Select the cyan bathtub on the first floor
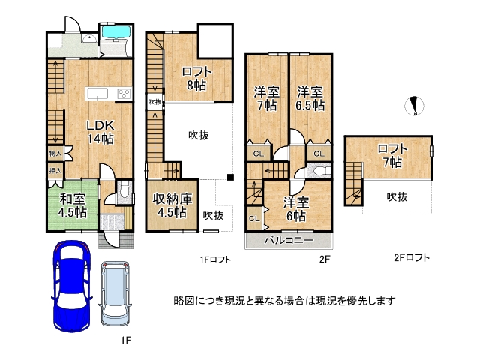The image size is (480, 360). pos(115,34)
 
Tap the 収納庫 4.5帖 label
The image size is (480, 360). pos(172,205)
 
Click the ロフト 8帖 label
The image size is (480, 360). pos(196,79)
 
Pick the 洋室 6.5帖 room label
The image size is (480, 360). pos(310,98)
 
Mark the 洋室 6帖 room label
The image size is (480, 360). pos(294,208)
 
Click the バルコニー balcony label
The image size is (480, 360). pos(289,241)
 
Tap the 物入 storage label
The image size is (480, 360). pos(55,154)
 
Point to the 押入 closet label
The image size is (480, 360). pos(55,172)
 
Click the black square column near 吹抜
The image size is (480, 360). pos(231,178)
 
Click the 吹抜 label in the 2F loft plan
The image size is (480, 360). pos(397,196)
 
